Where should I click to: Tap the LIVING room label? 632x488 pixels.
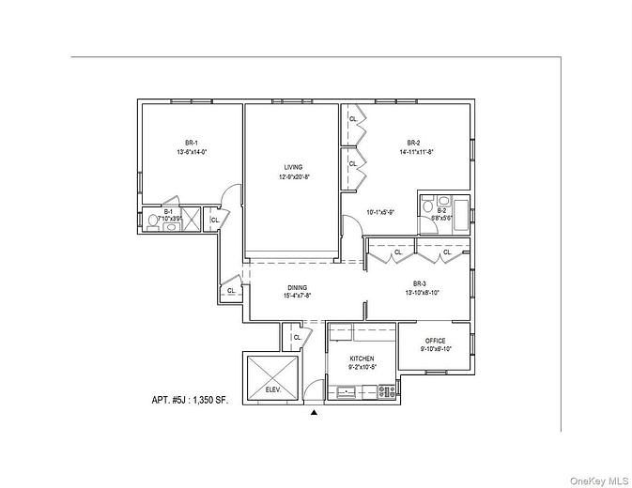click(294, 167)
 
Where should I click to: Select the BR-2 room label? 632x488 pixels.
click(413, 143)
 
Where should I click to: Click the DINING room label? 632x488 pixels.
click(296, 288)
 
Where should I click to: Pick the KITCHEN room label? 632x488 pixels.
click(362, 359)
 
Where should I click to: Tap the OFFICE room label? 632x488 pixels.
click(434, 341)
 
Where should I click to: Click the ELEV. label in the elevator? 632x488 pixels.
click(272, 388)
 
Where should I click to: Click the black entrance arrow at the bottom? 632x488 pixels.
click(315, 411)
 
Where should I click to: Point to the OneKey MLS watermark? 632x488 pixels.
click(598, 478)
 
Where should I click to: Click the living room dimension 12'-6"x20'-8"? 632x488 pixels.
click(294, 176)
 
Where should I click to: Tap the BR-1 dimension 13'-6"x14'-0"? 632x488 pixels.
click(191, 152)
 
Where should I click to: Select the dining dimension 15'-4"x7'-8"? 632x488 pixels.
click(297, 297)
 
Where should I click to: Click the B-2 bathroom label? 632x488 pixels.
click(441, 211)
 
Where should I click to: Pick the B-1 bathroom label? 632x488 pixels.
click(168, 212)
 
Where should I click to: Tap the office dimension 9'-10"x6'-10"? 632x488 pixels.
click(434, 349)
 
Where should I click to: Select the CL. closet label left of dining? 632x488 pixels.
click(230, 291)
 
